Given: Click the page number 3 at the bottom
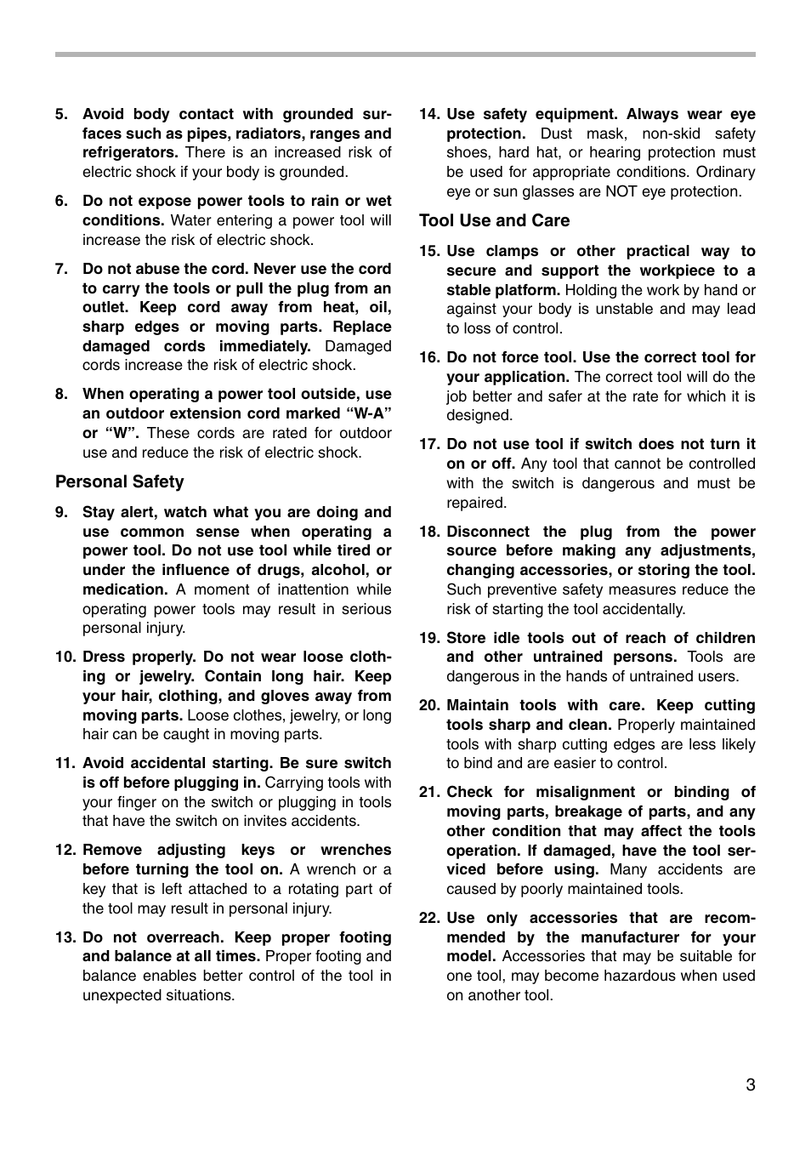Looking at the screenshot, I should tap(750, 1085).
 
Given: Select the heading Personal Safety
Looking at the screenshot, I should tap(119, 481).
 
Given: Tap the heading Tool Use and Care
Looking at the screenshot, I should tap(494, 220).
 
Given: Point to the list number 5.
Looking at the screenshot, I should tap(61, 114).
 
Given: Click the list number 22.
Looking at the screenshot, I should tap(428, 918).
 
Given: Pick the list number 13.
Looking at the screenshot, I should tap(65, 937).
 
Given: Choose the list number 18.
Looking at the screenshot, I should tap(428, 532).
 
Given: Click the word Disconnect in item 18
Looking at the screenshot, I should tap(487, 532).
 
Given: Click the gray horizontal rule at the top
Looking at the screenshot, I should tap(405, 54).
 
